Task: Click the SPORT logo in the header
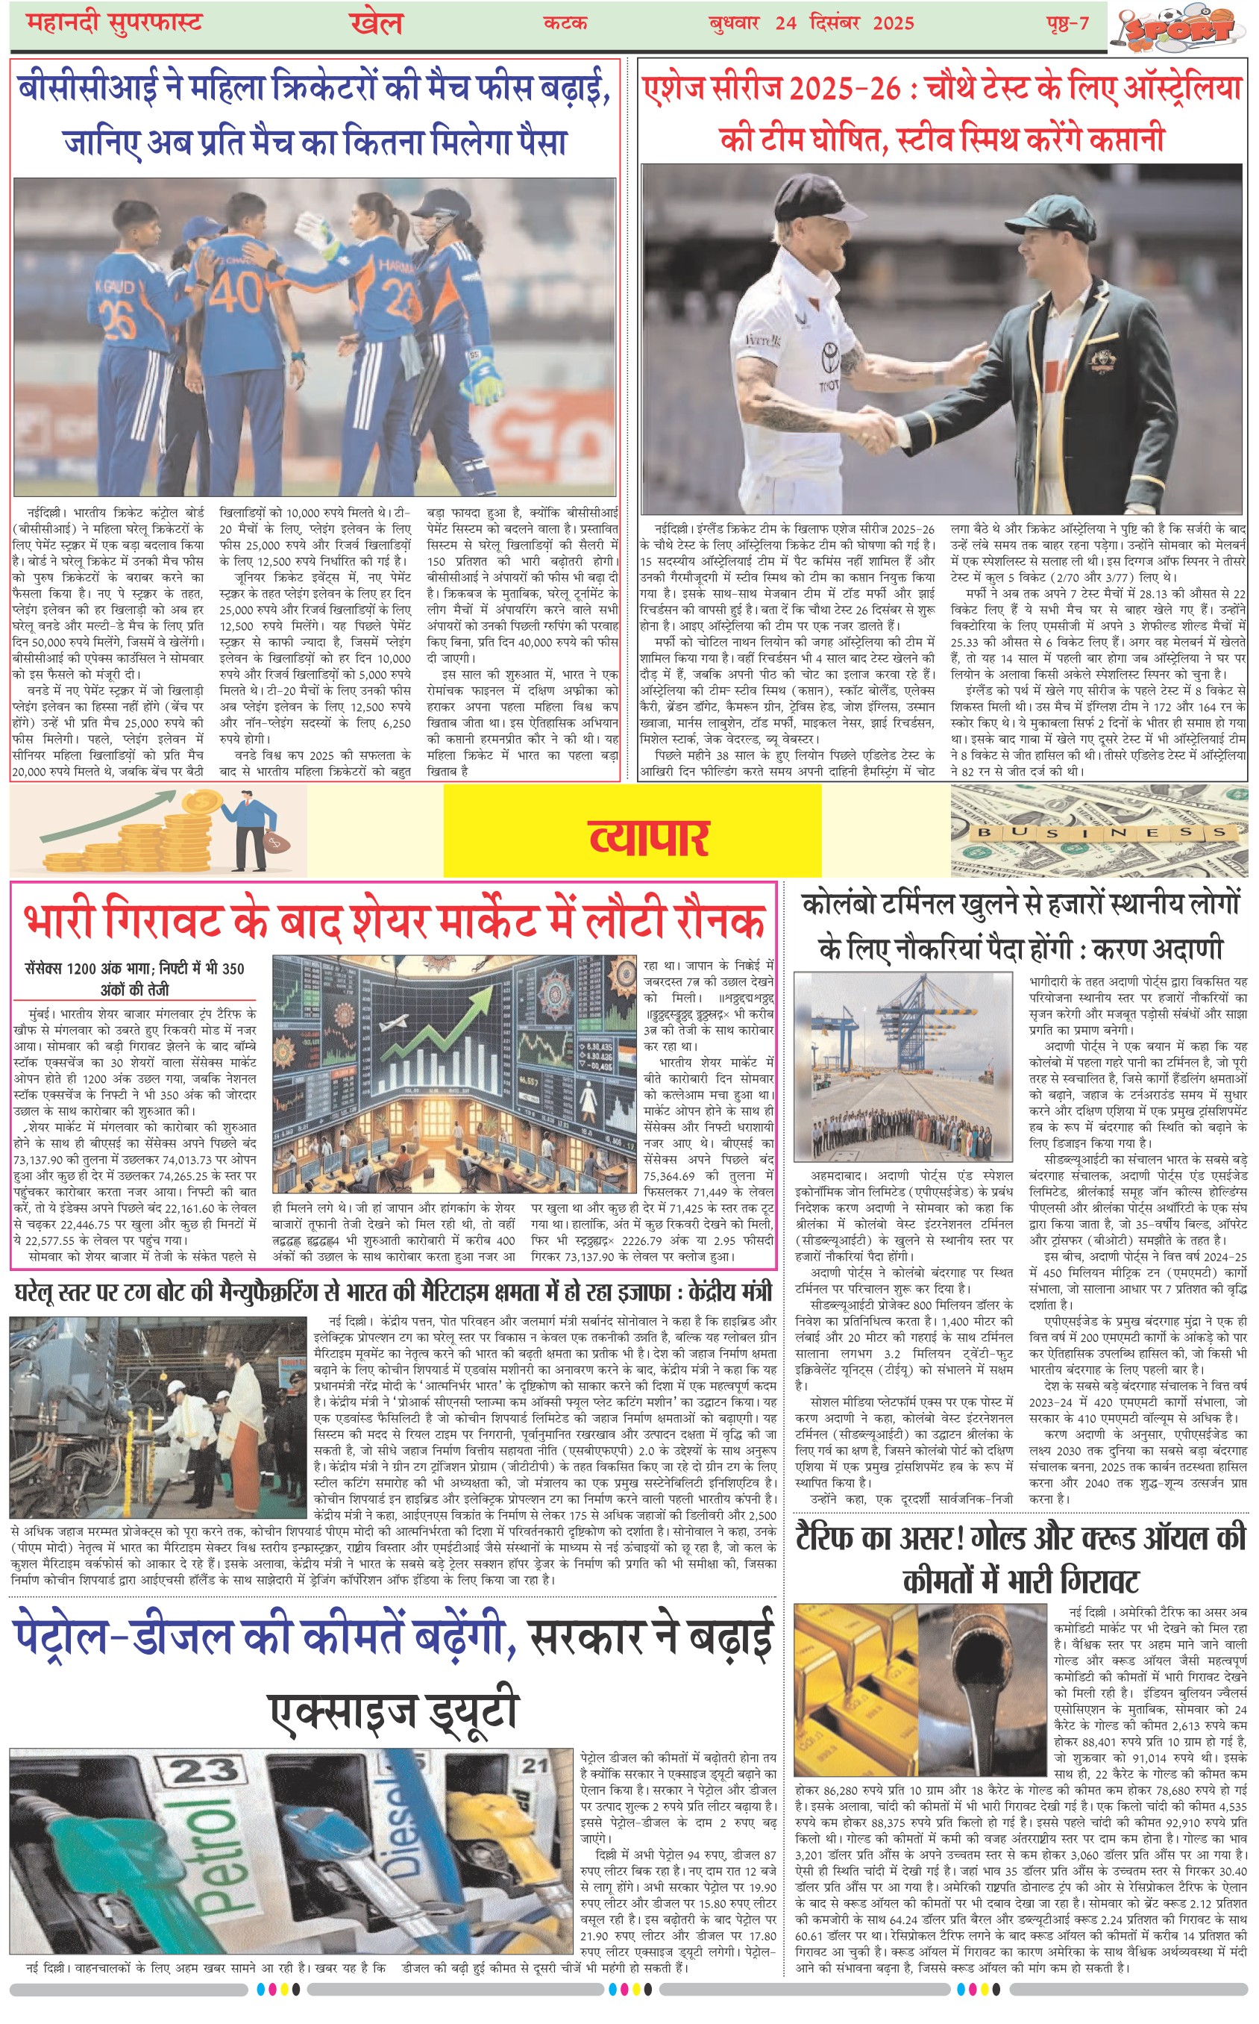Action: tap(1182, 27)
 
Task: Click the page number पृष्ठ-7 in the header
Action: tap(1067, 22)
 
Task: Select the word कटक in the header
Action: tap(565, 22)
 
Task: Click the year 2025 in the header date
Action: tap(894, 22)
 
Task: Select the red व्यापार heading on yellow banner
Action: tap(649, 837)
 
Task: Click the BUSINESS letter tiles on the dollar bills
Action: tap(1101, 831)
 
